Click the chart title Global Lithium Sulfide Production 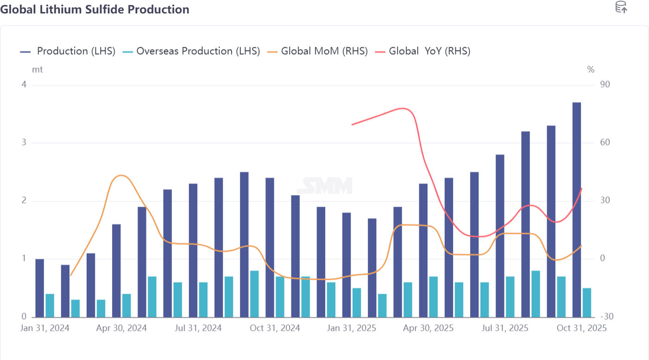pyautogui.click(x=95, y=9)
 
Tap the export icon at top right pyautogui.click(x=621, y=7)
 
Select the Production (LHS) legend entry pyautogui.click(x=68, y=51)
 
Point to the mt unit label pyautogui.click(x=37, y=69)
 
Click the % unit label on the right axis pyautogui.click(x=591, y=69)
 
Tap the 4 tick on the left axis pyautogui.click(x=24, y=85)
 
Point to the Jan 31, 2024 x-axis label pyautogui.click(x=45, y=328)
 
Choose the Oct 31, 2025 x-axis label pyautogui.click(x=581, y=328)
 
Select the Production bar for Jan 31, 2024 pyautogui.click(x=40, y=288)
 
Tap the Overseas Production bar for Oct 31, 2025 pyautogui.click(x=587, y=303)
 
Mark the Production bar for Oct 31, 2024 pyautogui.click(x=270, y=247)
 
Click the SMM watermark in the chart pyautogui.click(x=324, y=185)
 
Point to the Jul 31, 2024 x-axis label pyautogui.click(x=198, y=328)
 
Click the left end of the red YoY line pyautogui.click(x=353, y=125)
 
